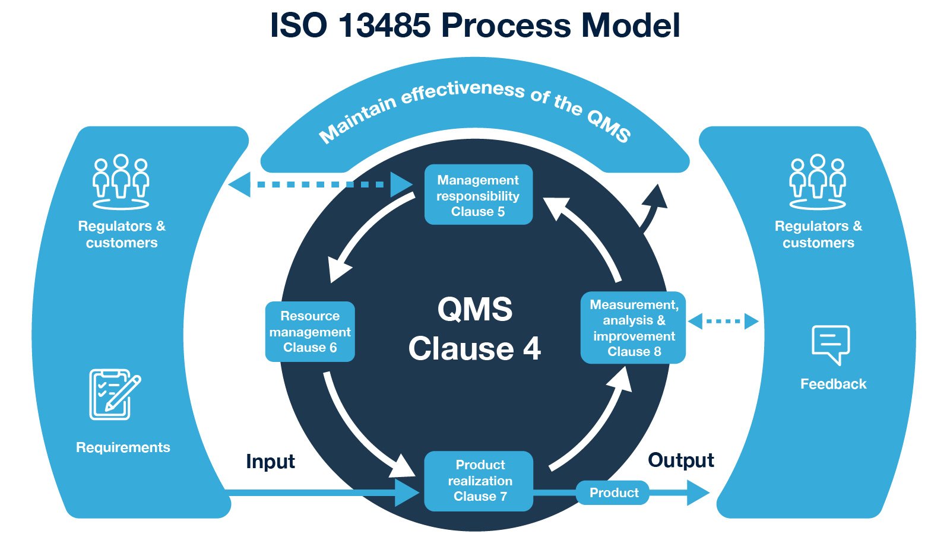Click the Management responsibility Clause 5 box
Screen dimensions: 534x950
(478, 195)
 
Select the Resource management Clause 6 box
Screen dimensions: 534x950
(310, 332)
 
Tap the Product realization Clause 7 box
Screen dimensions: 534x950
(479, 481)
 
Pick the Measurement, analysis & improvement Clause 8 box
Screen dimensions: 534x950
(633, 328)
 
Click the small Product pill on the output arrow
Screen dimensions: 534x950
(613, 492)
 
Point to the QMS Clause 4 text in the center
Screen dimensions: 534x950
(474, 329)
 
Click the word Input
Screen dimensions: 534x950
(270, 461)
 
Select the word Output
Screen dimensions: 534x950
(680, 460)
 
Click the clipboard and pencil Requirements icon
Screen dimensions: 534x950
(114, 394)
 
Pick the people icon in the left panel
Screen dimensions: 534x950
(121, 182)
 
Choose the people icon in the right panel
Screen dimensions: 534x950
(818, 182)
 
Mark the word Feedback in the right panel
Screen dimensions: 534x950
(833, 384)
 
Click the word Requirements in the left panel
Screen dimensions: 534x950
(123, 447)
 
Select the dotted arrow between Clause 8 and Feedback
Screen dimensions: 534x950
(723, 322)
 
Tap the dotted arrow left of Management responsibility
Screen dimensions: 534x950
(321, 185)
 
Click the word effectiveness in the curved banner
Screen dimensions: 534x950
(463, 92)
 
